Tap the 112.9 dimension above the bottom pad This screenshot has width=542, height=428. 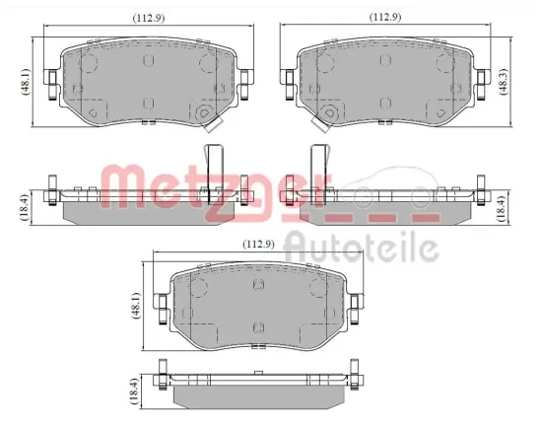[x=258, y=244]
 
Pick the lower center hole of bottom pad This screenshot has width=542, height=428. [x=259, y=327]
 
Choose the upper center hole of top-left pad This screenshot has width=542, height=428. [x=149, y=60]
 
